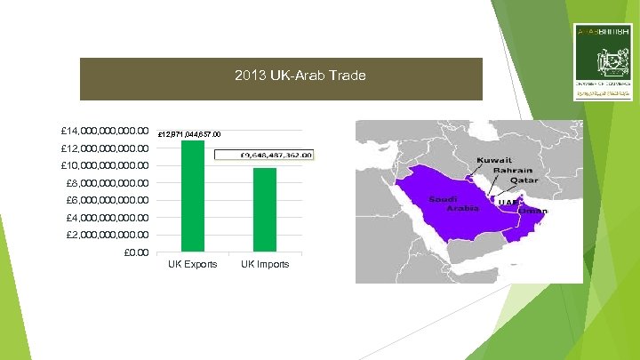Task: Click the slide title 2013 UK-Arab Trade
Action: point(300,76)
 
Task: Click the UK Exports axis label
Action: point(193,264)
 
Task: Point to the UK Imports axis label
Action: point(264,264)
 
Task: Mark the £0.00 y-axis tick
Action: point(134,252)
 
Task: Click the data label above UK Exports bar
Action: point(193,134)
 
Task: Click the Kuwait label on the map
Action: point(494,160)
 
